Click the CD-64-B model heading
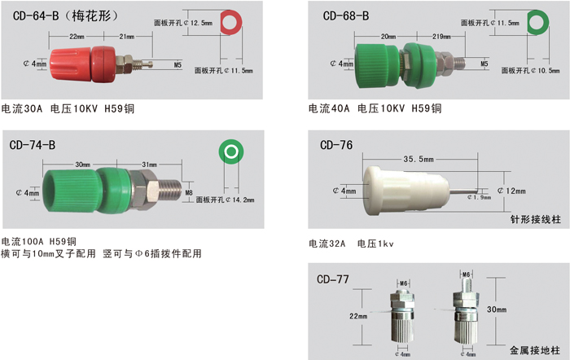[x=36, y=15]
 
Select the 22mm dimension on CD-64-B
[x=77, y=37]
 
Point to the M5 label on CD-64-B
[x=178, y=64]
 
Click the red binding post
[x=100, y=64]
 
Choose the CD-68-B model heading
[x=346, y=15]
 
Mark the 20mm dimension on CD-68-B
[x=388, y=37]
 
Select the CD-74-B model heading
[x=33, y=145]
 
